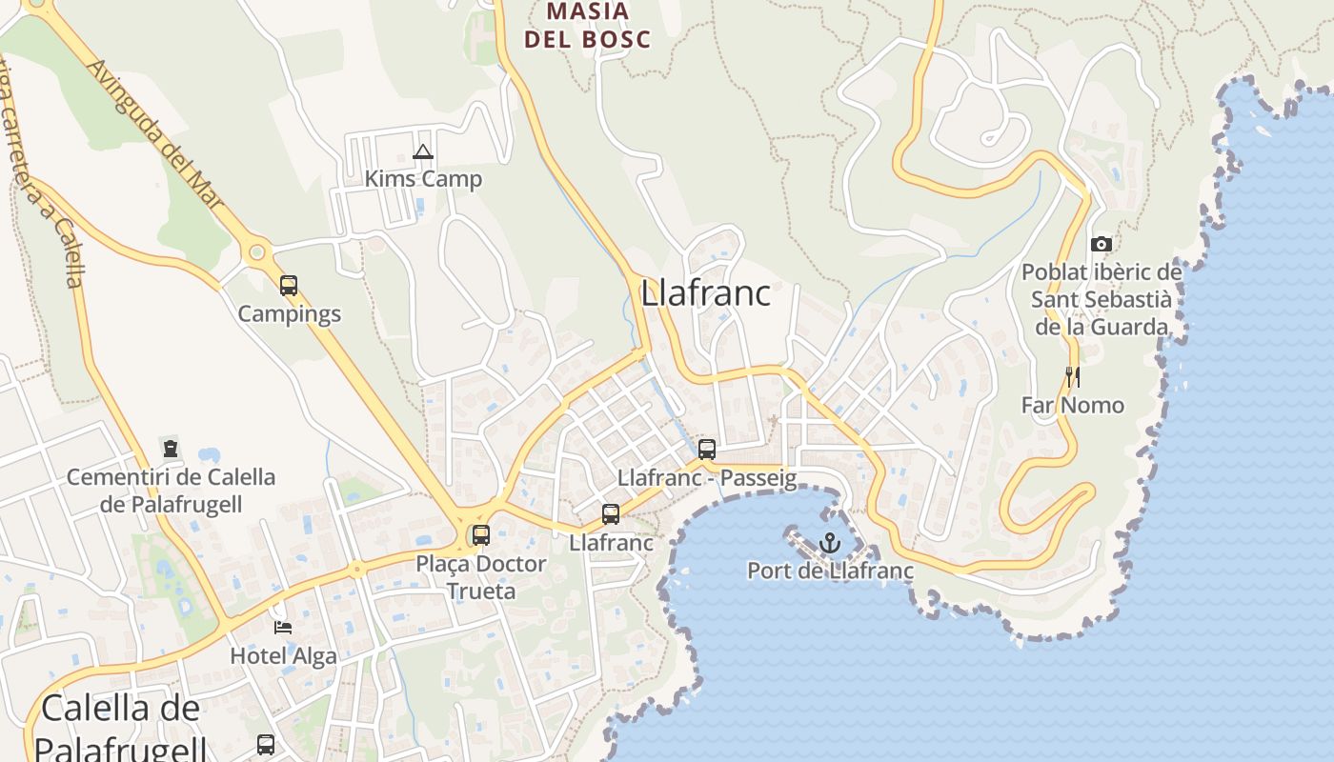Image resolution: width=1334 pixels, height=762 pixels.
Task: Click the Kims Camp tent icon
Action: [423, 151]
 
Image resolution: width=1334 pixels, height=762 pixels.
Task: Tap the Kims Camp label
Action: [423, 179]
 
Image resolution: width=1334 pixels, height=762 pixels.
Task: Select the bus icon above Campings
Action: [289, 285]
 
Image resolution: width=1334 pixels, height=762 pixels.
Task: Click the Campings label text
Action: [289, 313]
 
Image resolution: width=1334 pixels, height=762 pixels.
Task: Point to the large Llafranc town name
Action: [705, 293]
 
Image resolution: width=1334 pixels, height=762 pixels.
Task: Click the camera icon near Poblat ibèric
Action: [1102, 245]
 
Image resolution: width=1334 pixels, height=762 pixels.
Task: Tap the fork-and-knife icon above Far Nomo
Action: [1073, 377]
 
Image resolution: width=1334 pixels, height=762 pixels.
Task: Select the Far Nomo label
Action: [1073, 406]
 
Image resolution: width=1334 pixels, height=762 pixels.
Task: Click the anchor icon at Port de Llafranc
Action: [830, 543]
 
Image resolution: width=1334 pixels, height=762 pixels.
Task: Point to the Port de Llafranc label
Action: [830, 571]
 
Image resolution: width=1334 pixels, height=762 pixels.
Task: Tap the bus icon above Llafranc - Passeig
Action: [707, 450]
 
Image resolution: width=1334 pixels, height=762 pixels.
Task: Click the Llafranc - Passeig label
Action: [707, 478]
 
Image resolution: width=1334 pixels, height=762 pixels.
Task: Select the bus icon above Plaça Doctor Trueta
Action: [481, 535]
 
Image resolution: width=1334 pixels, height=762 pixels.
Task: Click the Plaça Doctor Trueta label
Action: [481, 577]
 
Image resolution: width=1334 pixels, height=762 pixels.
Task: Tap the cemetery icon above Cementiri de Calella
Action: [171, 448]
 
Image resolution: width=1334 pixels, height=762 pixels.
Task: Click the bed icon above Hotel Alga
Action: [283, 627]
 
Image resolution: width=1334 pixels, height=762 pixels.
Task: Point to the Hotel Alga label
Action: [283, 656]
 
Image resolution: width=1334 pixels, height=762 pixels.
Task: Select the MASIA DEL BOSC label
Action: [588, 26]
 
